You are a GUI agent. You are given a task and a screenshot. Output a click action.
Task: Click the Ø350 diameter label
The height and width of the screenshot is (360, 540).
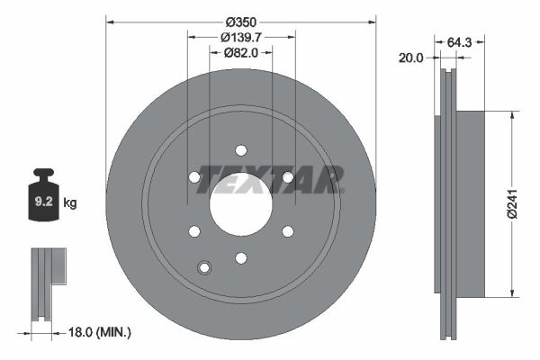click(241, 22)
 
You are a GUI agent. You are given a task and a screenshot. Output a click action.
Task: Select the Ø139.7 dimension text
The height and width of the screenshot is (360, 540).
click(241, 37)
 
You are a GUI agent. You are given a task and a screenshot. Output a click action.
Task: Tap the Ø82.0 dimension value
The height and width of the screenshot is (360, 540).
click(240, 53)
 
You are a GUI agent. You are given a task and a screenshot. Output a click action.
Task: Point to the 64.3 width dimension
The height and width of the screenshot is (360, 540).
click(459, 42)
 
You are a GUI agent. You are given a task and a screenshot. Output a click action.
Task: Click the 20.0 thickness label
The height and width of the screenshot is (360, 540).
click(411, 58)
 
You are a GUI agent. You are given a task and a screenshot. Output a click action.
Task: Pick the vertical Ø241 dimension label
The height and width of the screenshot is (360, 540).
click(512, 203)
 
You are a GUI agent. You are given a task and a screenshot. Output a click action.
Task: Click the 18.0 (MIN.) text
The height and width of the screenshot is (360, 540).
click(100, 332)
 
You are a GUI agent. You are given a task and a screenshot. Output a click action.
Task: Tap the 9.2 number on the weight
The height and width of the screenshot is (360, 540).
click(44, 202)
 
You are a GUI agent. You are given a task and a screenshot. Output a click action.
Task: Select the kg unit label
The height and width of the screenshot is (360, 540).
click(70, 202)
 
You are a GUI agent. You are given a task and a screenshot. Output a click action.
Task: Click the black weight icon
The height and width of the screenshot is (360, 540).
click(43, 194)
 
